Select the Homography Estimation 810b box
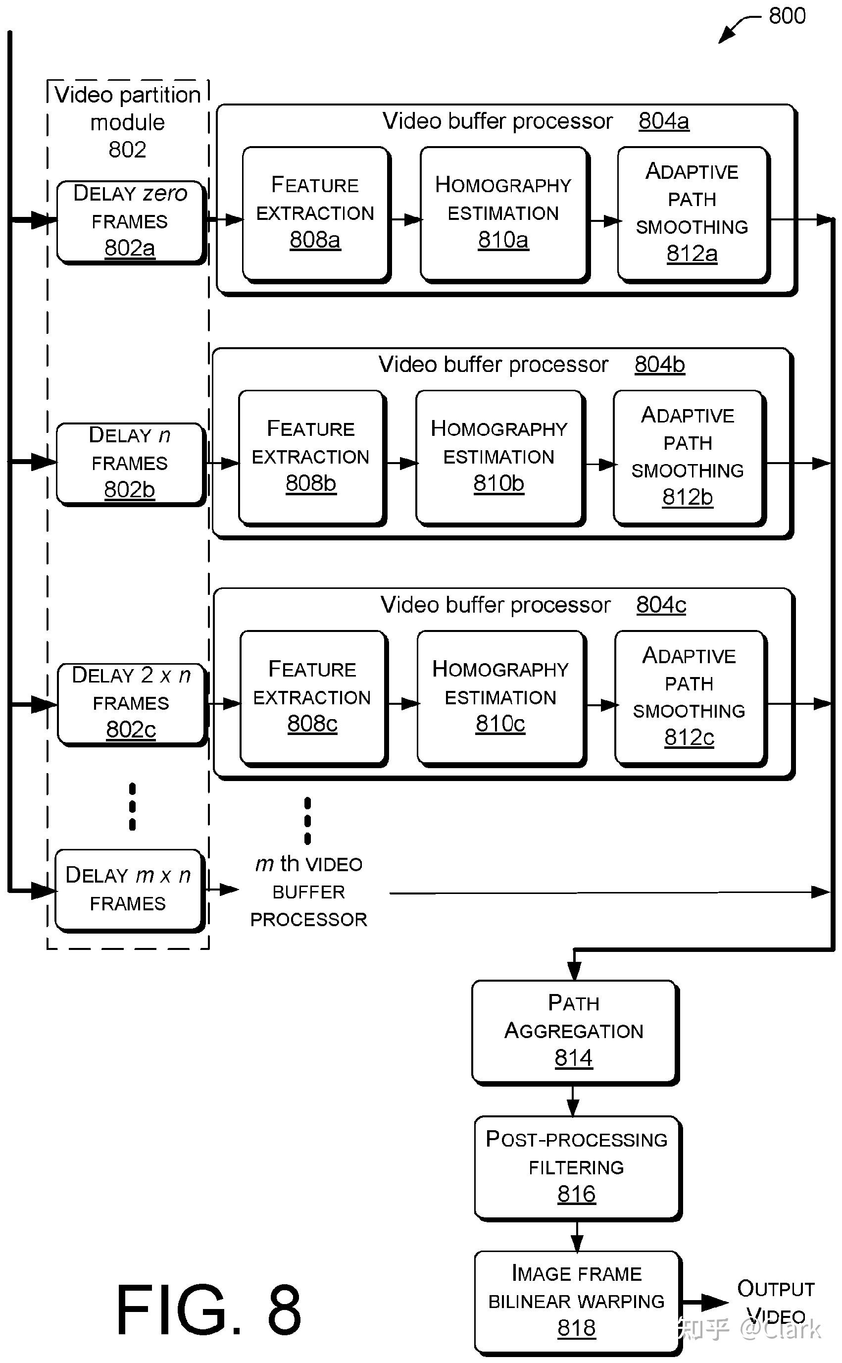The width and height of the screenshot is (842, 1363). pyautogui.click(x=499, y=456)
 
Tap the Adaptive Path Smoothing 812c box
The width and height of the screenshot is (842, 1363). pyautogui.click(x=690, y=697)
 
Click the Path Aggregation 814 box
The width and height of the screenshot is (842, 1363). pyautogui.click(x=574, y=1031)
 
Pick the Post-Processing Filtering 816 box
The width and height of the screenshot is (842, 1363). pyautogui.click(x=577, y=1167)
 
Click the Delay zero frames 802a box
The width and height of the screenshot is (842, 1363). pyautogui.click(x=130, y=220)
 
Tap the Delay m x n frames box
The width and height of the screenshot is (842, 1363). pyautogui.click(x=128, y=889)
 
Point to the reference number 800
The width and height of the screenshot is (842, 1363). pyautogui.click(x=787, y=16)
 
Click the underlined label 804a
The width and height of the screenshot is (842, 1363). pyautogui.click(x=663, y=121)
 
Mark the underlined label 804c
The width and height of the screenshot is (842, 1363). pyautogui.click(x=661, y=605)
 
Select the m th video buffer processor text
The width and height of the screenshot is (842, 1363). pyautogui.click(x=308, y=891)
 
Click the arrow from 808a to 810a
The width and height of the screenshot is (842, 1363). pyautogui.click(x=405, y=220)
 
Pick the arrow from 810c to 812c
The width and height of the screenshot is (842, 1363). pyautogui.click(x=601, y=705)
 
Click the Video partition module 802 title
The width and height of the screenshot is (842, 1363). pyautogui.click(x=128, y=122)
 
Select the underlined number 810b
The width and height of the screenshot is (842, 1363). pyautogui.click(x=498, y=483)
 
